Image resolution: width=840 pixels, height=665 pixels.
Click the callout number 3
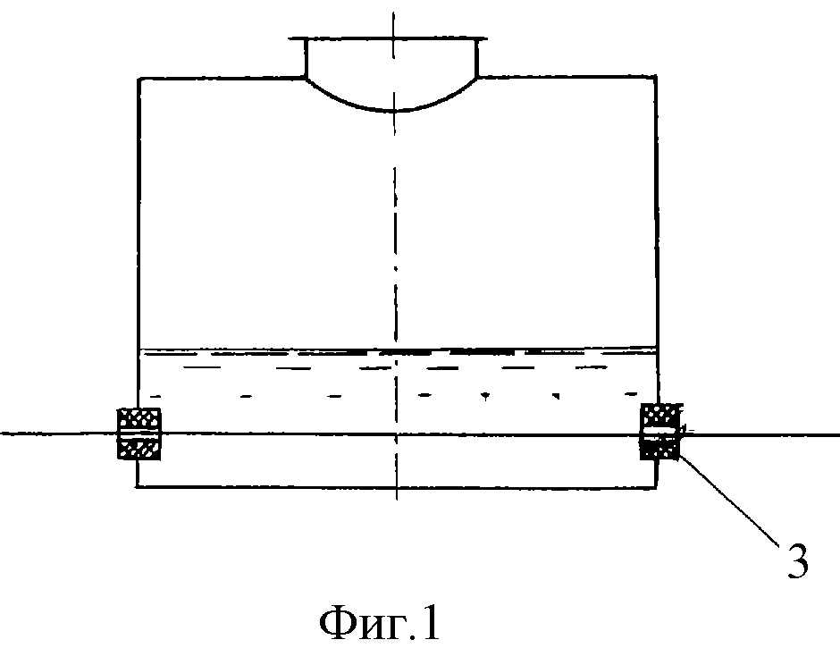(x=798, y=561)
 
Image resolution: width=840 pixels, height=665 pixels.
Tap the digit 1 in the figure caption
(x=431, y=623)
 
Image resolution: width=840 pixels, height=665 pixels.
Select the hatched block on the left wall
(x=139, y=434)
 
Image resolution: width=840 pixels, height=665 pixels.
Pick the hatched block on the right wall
(x=661, y=432)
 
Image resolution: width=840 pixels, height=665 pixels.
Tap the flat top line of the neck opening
(x=388, y=38)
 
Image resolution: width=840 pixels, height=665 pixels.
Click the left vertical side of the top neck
(x=306, y=58)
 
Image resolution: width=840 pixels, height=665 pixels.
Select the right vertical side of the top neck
(x=477, y=58)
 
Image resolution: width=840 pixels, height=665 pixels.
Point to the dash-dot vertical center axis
(x=395, y=257)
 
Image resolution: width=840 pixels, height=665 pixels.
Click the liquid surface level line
(x=398, y=351)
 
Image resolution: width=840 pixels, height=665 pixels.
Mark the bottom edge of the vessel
(x=397, y=487)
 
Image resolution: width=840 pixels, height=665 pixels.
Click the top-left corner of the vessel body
(x=139, y=80)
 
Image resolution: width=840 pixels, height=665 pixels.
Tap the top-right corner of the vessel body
(x=656, y=78)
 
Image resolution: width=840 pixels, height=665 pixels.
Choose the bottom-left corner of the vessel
(x=137, y=486)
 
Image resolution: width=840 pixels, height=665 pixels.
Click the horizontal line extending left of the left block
(x=59, y=433)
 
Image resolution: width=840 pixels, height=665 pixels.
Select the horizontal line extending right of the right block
(x=760, y=434)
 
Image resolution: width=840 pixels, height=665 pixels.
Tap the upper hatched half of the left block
(x=139, y=418)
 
